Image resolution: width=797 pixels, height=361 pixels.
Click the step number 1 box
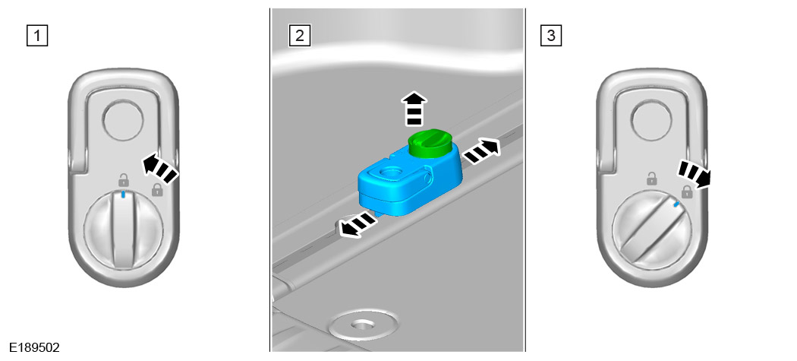[x=37, y=36]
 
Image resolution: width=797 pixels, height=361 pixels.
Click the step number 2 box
[x=299, y=36]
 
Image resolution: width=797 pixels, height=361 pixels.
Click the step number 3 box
[x=552, y=36]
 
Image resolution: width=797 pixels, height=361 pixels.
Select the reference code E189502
[x=35, y=348]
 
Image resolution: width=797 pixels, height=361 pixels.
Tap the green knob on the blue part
[x=430, y=143]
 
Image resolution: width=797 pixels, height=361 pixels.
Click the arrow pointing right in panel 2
[x=481, y=150]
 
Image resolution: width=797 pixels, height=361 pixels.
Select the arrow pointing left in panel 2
[x=358, y=224]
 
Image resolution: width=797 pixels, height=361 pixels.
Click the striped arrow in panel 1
[x=159, y=169]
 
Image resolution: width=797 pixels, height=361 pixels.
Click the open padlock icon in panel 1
[x=124, y=179]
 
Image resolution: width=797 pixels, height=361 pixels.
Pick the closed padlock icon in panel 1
[x=158, y=191]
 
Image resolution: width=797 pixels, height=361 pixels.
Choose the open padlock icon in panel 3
[x=651, y=179]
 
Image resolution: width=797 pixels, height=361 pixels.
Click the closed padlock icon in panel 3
[x=687, y=192]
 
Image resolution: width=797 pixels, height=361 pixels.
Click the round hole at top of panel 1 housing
[x=123, y=120]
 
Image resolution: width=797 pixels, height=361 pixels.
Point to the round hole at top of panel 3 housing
[x=651, y=120]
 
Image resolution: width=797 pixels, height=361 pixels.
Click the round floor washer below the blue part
[x=362, y=324]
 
